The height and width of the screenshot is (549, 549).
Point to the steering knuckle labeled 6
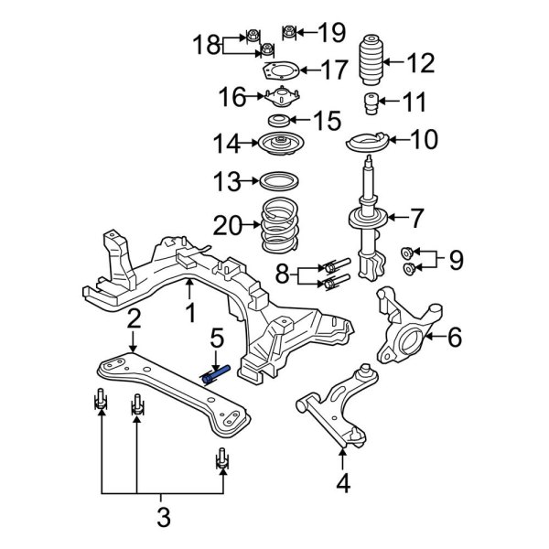click(408, 329)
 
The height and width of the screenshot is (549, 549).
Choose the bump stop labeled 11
click(371, 102)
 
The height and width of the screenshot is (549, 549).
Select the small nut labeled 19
click(289, 33)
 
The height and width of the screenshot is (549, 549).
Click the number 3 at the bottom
click(163, 517)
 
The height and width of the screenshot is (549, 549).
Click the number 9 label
click(455, 262)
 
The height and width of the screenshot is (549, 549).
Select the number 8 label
click(284, 274)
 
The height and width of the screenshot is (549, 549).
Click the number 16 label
click(232, 96)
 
